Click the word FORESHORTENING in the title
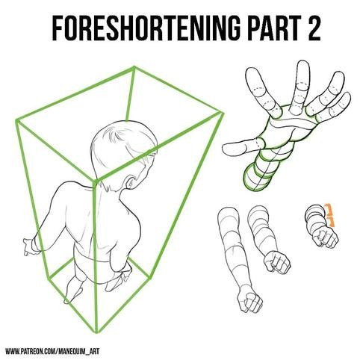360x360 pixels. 146,28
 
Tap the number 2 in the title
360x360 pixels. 312,28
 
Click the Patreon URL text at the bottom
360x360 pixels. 52,351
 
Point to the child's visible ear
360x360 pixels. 131,182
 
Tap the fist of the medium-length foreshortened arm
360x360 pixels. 277,263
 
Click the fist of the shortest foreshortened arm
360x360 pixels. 325,238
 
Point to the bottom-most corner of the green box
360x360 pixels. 96,332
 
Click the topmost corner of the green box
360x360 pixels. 134,66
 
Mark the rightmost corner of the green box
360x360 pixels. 223,114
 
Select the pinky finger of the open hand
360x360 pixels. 334,107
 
